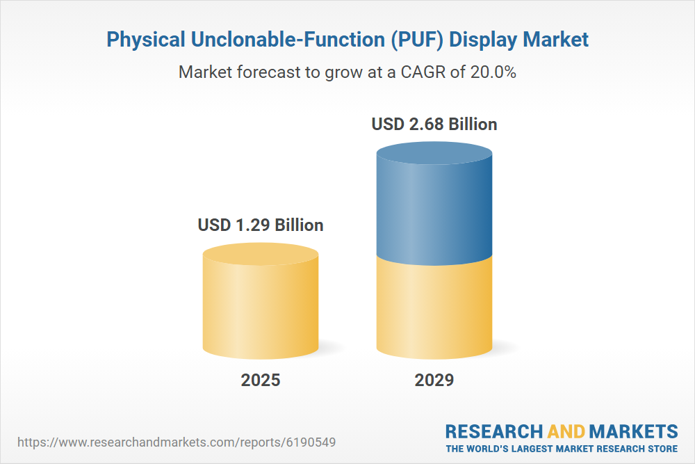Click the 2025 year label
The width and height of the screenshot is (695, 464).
[x=261, y=381]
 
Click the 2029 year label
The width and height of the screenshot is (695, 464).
[x=434, y=381]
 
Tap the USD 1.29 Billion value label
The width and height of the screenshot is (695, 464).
[x=261, y=225]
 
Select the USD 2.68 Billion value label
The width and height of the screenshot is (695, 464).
[x=434, y=125]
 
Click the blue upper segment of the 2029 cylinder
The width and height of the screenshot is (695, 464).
[x=434, y=209]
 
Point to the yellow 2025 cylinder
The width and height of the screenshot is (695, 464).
[x=261, y=306]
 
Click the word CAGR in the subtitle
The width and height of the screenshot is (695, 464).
[x=420, y=72]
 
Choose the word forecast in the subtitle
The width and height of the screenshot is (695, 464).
[x=268, y=72]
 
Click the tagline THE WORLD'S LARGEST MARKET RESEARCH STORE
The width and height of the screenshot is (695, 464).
[x=562, y=448]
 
